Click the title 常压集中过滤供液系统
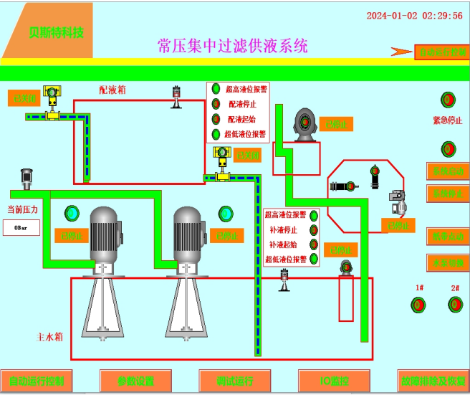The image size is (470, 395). click(232, 46)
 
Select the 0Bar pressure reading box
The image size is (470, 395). click(21, 228)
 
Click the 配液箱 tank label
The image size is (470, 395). click(112, 90)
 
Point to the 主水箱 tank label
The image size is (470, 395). click(52, 336)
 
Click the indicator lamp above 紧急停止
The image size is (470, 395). click(449, 100)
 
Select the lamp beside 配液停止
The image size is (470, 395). click(216, 104)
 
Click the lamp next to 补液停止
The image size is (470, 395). click(313, 230)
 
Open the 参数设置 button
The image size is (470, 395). click(136, 381)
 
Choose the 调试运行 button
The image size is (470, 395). click(235, 381)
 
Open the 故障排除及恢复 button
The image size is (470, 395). click(433, 381)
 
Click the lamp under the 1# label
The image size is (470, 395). click(418, 305)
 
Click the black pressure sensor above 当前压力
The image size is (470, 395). click(27, 177)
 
